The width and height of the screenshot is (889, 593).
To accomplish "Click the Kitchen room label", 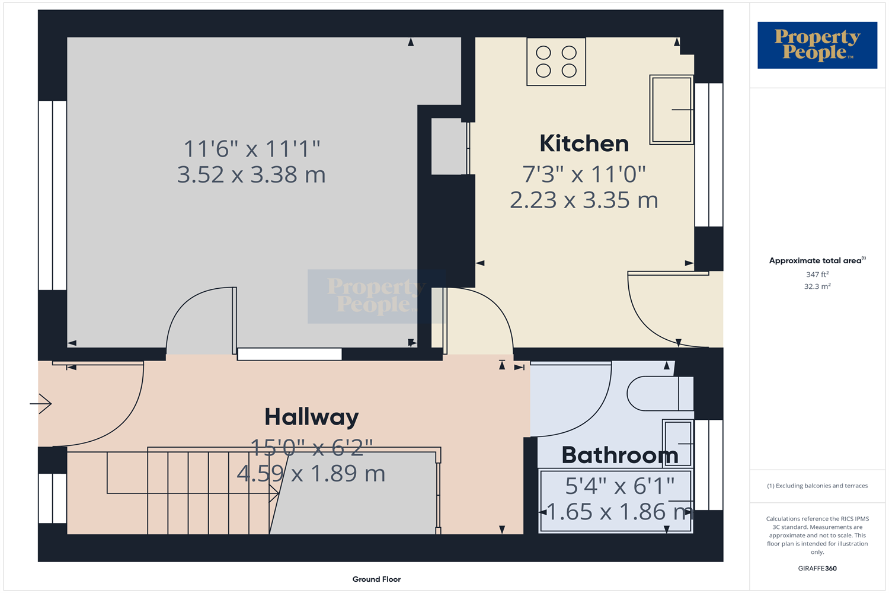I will point(584,144).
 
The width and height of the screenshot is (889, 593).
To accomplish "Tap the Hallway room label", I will point(311,417).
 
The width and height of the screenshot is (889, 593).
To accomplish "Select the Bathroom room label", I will point(619,455).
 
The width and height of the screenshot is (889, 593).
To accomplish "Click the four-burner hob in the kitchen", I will point(556,62).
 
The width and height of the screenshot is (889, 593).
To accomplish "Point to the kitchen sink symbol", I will point(671,110).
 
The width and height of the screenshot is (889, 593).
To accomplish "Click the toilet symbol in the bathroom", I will point(658,393).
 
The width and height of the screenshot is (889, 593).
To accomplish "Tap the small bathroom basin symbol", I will point(677,443).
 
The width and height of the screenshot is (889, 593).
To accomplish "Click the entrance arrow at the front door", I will point(41,404).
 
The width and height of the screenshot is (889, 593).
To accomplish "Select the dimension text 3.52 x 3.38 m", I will point(251,175).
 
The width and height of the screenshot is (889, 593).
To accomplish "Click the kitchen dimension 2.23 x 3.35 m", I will point(584,200).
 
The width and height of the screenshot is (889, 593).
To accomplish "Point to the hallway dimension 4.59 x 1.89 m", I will point(311,474).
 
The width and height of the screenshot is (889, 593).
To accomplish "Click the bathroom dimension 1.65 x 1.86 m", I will point(619,512).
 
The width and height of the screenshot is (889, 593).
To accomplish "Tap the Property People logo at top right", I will point(817,45).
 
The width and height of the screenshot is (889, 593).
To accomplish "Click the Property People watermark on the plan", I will point(376,296).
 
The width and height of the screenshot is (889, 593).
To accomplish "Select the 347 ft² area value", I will point(817,275).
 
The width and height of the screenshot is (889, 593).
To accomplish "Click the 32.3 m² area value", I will point(817,286).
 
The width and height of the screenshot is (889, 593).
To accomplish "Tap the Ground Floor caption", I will point(376,579).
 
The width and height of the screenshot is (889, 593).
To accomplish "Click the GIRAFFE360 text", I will point(817,568).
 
